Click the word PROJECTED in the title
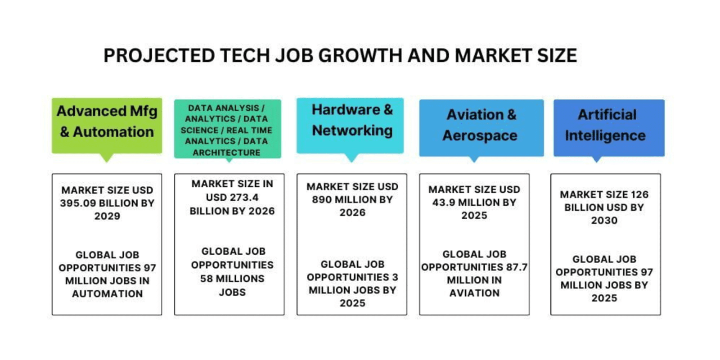(x=159, y=55)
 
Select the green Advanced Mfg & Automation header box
(x=107, y=126)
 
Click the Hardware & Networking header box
(x=350, y=126)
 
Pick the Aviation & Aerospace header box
(x=481, y=128)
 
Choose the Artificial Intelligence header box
(x=609, y=128)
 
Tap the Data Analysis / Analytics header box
(x=228, y=129)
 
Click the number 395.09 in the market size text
(x=77, y=203)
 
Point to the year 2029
(x=107, y=216)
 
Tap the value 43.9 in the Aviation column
(x=445, y=202)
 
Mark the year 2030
(x=604, y=220)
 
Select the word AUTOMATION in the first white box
(x=108, y=293)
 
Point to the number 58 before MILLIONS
(x=206, y=279)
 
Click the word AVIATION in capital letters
(x=474, y=293)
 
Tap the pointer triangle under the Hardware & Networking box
(x=351, y=157)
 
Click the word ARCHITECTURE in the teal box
(x=227, y=153)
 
